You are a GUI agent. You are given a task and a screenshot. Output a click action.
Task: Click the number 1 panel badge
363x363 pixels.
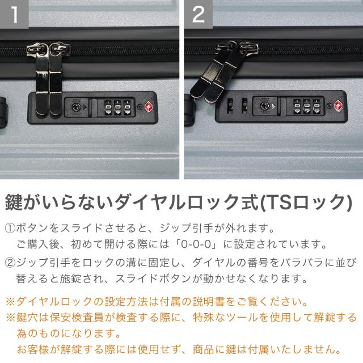[14, 14]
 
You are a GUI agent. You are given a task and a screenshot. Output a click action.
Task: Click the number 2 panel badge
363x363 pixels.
[199, 14]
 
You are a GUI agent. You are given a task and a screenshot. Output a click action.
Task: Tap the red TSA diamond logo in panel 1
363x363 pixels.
[149, 107]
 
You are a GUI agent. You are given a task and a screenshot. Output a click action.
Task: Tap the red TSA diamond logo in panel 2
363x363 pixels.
[338, 106]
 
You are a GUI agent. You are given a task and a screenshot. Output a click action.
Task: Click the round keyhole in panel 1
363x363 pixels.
[76, 107]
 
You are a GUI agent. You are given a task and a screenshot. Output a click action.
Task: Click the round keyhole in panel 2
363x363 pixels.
[265, 106]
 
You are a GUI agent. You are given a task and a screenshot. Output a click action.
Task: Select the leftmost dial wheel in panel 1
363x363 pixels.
[108, 108]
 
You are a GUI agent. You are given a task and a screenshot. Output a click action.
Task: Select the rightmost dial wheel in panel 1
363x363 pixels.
[127, 108]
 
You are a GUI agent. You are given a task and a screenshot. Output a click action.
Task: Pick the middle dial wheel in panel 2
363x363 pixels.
[307, 107]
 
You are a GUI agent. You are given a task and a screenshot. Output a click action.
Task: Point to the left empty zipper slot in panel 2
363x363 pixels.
[230, 106]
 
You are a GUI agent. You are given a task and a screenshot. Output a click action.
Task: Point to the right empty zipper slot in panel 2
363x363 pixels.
[244, 106]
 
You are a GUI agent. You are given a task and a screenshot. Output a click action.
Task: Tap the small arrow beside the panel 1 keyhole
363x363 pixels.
[85, 107]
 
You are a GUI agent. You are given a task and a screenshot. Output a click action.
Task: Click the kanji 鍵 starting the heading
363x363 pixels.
[14, 202]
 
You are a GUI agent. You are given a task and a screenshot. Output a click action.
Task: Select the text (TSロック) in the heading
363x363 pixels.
[306, 202]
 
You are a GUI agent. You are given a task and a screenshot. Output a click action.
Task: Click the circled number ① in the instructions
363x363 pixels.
[10, 228]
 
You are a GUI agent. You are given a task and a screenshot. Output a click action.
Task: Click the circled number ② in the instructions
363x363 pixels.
[10, 263]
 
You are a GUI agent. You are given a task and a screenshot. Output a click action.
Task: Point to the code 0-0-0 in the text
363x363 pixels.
[196, 244]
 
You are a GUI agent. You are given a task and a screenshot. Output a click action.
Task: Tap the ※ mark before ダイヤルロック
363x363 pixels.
[11, 302]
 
